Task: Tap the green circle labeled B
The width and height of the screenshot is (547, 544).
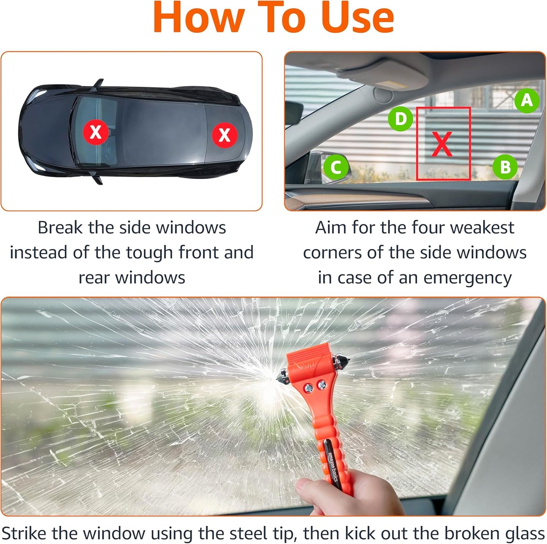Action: click(x=505, y=167)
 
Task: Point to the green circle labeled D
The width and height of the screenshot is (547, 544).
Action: click(x=401, y=119)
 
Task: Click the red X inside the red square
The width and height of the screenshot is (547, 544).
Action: click(x=442, y=144)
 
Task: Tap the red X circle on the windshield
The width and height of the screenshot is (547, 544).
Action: click(x=96, y=132)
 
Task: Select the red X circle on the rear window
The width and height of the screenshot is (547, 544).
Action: click(x=224, y=135)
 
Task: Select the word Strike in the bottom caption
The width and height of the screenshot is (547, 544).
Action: click(x=25, y=533)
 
